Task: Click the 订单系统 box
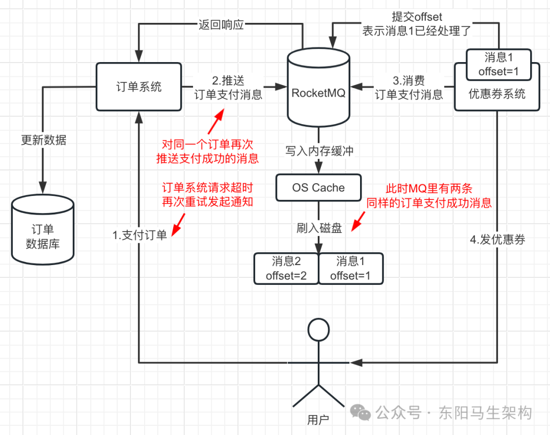pyautogui.click(x=139, y=86)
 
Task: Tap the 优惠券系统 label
pyautogui.click(x=497, y=94)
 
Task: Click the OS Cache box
pyautogui.click(x=318, y=188)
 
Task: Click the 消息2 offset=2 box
pyautogui.click(x=286, y=269)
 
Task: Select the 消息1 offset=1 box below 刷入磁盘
pyautogui.click(x=351, y=269)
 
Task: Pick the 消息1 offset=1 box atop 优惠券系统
pyautogui.click(x=499, y=65)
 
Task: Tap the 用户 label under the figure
pyautogui.click(x=318, y=420)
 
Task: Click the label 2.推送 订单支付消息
pyautogui.click(x=228, y=88)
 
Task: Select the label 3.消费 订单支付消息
pyautogui.click(x=409, y=88)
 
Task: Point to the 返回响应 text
pyautogui.click(x=221, y=24)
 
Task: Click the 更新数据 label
pyautogui.click(x=43, y=140)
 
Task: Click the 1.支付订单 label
pyautogui.click(x=140, y=235)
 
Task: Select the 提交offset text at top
pyautogui.click(x=417, y=17)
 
